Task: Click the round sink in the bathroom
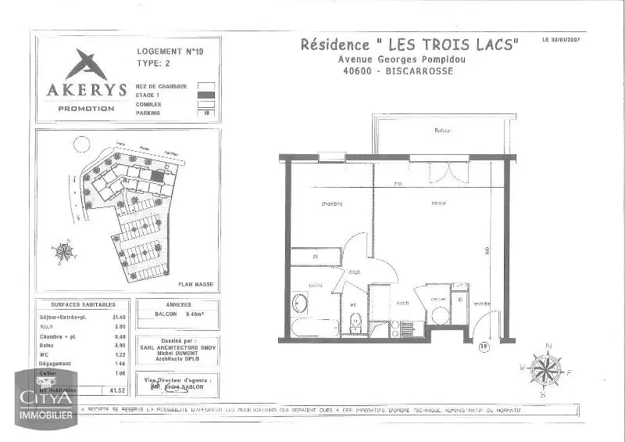(298, 303)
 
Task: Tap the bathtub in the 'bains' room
(312, 326)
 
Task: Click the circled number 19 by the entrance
(484, 345)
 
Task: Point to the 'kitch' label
(403, 302)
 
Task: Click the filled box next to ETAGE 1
(206, 94)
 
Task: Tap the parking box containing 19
(206, 113)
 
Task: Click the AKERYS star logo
(85, 63)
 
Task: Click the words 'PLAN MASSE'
(195, 285)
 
